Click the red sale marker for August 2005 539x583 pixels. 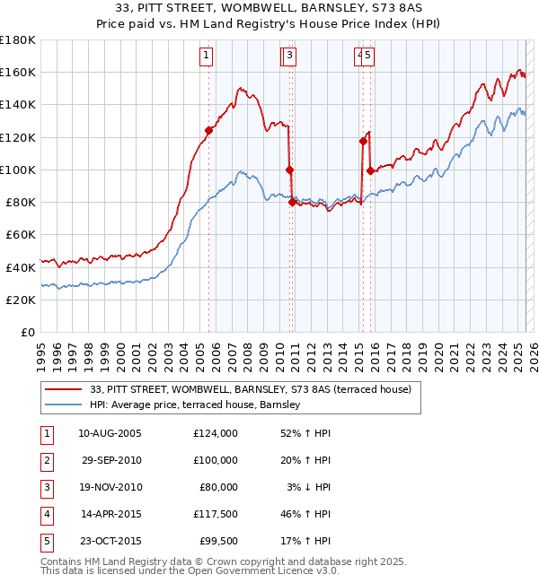click(x=208, y=130)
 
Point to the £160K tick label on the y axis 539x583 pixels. click(x=19, y=72)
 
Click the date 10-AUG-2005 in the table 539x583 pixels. click(x=110, y=433)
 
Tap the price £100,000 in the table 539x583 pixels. click(x=216, y=460)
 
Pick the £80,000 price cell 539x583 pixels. click(x=219, y=487)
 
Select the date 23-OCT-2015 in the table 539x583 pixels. click(x=110, y=541)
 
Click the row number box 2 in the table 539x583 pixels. click(x=46, y=460)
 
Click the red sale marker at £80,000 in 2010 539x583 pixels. click(x=293, y=203)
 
